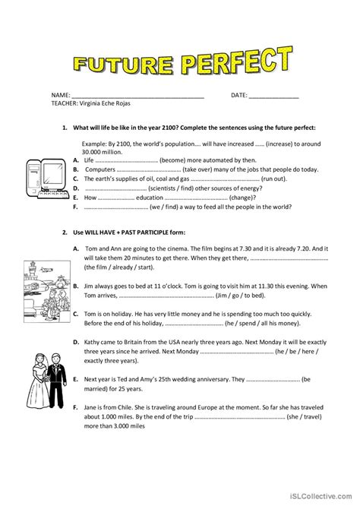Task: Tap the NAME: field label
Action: coord(60,95)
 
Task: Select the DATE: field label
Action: coord(239,95)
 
